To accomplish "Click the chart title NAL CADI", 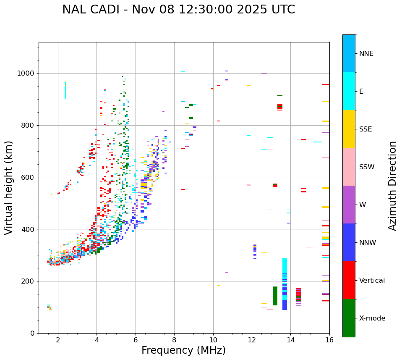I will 178,10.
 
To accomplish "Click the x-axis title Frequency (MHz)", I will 183,350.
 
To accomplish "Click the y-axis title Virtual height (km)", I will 9,188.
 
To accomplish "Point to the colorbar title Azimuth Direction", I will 392,186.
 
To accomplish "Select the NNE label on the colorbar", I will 366,54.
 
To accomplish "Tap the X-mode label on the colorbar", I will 372,318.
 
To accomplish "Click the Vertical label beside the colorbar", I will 372,281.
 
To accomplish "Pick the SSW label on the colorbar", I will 367,167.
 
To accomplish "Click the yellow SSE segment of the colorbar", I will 349,129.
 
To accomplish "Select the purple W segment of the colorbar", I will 349,205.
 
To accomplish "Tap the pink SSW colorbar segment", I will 349,167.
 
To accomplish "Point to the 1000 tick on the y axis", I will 27,74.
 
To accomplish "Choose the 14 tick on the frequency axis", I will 291,340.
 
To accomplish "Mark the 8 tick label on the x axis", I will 174,340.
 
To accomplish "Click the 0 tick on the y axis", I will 32,333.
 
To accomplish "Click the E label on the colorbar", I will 361,92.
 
